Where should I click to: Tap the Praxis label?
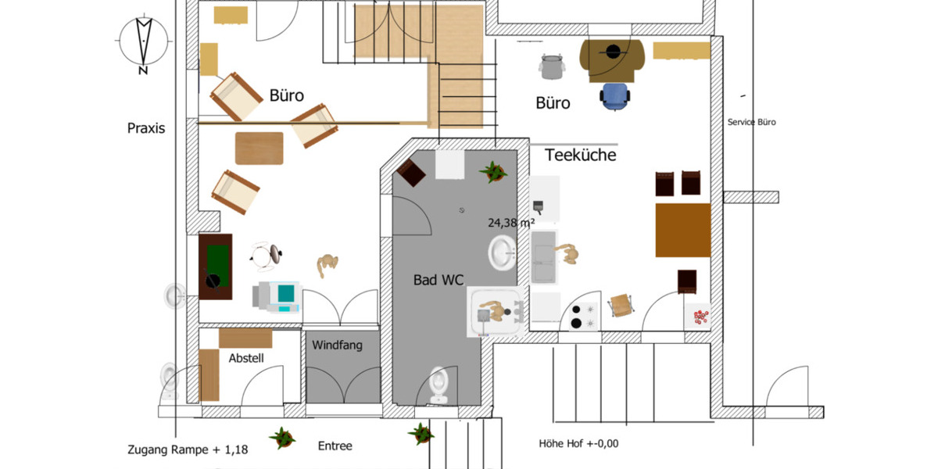pos(146,128)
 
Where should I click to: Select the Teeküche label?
pos(580,156)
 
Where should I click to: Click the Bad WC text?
pos(439,279)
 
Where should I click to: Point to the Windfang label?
pos(337,345)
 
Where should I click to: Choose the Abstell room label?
pos(246,358)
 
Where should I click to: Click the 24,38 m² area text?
pos(511,222)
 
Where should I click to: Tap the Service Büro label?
pos(751,122)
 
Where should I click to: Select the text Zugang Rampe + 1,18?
pos(188,449)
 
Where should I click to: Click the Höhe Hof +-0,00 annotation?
pos(578,443)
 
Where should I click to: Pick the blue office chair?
pos(614,96)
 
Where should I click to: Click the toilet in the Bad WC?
pos(439,385)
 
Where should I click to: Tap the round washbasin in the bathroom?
pos(501,252)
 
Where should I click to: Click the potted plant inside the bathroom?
pos(493,171)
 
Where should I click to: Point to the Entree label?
pos(335,446)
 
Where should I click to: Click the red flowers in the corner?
pos(700,317)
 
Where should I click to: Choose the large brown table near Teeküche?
pos(682,230)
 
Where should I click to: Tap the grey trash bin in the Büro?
pos(552,66)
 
